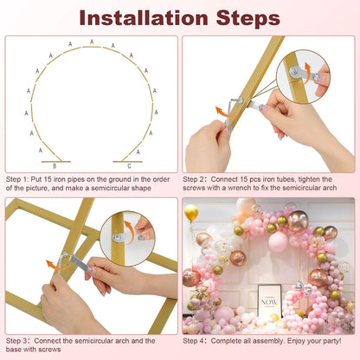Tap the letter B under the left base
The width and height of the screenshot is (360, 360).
55,165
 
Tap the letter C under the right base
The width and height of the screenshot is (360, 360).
129,165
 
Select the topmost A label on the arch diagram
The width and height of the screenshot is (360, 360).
92,42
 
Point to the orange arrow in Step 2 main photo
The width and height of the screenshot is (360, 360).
223,112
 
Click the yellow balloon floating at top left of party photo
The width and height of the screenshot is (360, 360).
190,212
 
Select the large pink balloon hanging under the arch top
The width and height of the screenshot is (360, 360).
278,241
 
